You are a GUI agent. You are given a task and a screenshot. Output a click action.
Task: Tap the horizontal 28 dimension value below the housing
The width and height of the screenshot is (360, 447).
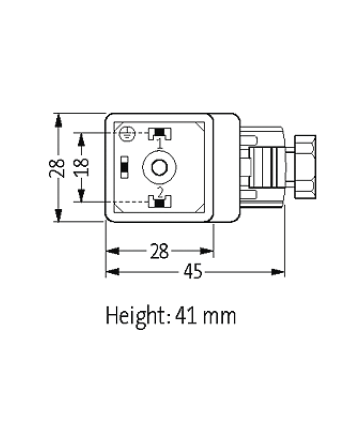point(159,252)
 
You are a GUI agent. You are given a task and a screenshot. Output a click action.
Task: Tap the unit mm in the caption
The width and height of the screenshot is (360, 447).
point(220,316)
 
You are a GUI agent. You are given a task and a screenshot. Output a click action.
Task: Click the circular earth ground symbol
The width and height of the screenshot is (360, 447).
point(127,134)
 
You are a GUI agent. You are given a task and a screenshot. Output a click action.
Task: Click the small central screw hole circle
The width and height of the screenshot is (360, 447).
point(159,167)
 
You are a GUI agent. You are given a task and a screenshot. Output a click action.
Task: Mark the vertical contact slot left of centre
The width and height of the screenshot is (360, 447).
point(124,167)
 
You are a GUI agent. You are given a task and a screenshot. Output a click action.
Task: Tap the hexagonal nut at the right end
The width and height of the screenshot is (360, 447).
point(304,167)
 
